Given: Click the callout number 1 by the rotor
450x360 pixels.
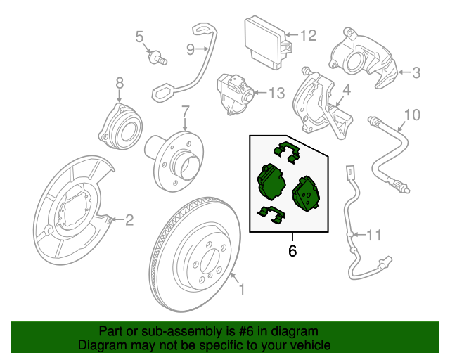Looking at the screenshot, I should click(x=243, y=288).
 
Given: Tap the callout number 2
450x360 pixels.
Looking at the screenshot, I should click(x=129, y=220).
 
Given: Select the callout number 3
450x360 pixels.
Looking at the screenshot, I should click(x=416, y=72).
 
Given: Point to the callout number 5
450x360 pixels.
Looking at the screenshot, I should click(x=139, y=37).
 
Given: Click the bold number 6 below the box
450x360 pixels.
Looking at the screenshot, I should click(x=292, y=250).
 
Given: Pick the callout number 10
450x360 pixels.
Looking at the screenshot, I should click(x=412, y=114).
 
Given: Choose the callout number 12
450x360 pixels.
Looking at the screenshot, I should click(x=308, y=34).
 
